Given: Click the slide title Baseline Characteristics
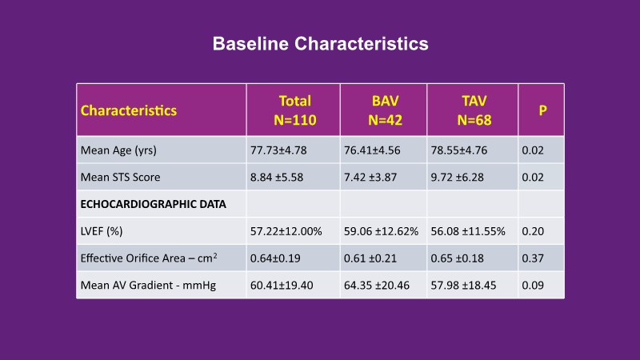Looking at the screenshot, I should coord(320,43).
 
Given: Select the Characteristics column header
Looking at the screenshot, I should coord(129,110).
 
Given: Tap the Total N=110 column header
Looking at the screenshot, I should coord(294,110).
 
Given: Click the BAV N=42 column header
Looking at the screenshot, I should coord(383,110).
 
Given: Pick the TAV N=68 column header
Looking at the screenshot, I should coord(473,110).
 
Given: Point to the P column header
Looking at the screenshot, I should coord(542,110).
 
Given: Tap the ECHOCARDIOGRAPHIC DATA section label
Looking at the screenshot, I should coord(154,204).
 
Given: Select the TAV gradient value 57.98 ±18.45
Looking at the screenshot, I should coord(466,285).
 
